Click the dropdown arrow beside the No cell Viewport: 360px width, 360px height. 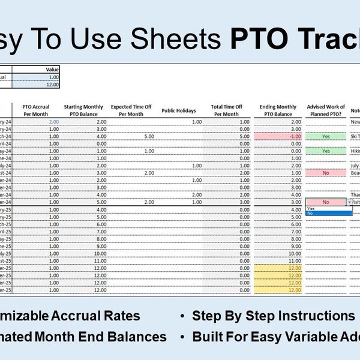350,202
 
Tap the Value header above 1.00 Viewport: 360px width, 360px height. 52,70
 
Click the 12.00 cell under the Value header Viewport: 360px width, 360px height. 52,85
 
